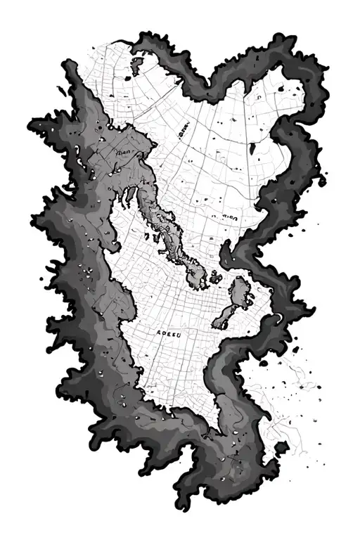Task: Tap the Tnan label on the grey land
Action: tap(124, 150)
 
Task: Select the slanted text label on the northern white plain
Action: tap(185, 129)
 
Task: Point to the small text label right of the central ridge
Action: tap(231, 219)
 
